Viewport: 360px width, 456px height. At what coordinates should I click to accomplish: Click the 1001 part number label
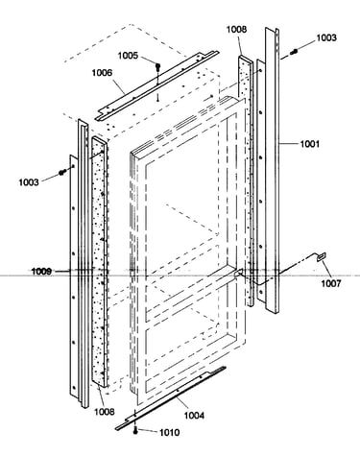[309, 144]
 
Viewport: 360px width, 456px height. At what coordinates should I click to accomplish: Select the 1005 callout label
[128, 56]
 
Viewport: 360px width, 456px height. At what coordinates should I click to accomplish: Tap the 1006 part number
[102, 73]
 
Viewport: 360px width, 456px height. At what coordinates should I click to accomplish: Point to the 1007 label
[331, 283]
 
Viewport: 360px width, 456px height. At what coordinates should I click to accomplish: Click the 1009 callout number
[41, 272]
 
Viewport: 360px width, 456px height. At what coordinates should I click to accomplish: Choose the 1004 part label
[194, 416]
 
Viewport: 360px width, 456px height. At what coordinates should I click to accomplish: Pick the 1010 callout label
[169, 433]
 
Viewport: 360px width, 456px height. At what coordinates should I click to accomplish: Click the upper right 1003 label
[326, 37]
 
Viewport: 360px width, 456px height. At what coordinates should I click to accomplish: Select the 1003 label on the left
[29, 182]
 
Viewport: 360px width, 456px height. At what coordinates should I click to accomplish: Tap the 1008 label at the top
[237, 29]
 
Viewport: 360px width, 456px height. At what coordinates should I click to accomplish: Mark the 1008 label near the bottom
[104, 411]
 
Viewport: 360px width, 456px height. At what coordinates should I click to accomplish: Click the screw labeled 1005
[157, 66]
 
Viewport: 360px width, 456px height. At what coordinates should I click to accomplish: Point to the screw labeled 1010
[135, 432]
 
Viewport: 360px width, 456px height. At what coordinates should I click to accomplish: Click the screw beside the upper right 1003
[294, 51]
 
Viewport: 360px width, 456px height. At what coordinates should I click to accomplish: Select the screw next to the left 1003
[62, 172]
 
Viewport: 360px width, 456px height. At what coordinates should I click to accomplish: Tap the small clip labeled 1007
[321, 256]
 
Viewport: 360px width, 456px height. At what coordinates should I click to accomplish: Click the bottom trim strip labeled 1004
[171, 399]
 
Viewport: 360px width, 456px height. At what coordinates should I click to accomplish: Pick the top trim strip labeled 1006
[156, 85]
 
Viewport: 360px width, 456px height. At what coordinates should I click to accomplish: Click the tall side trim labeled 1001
[272, 170]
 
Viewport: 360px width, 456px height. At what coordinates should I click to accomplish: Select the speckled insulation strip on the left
[100, 262]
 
